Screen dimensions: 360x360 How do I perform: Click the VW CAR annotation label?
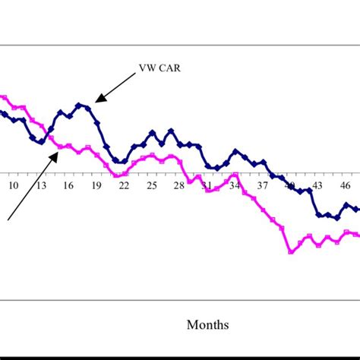coord(160,68)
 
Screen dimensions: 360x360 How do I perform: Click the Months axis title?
coord(207,325)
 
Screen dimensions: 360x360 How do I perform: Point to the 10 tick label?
coord(14,185)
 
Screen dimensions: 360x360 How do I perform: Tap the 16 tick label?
coord(68,185)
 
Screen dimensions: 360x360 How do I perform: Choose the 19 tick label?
coord(96,185)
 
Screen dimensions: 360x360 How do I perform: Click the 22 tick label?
coord(124,185)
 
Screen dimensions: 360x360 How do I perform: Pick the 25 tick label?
coord(152,185)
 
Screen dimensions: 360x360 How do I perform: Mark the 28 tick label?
coord(179,185)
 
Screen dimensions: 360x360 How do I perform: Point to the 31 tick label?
coord(207,185)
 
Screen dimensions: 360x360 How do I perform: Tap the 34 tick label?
coord(235,185)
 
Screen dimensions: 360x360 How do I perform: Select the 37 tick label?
coord(263,185)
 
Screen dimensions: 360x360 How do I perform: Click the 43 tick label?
coord(317,185)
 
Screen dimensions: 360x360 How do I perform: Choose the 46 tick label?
coord(346,185)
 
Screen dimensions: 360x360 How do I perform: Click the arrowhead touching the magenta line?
coord(57,153)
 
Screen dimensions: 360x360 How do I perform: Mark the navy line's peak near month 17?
coord(79,104)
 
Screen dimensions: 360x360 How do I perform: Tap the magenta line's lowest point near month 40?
coord(290,251)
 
